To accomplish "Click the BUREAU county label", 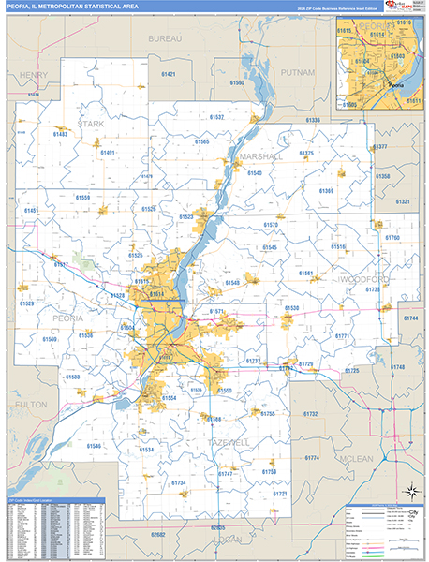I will click(165, 39).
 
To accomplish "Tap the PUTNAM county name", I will click(298, 71).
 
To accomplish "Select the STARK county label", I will click(92, 123).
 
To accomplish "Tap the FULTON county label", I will click(31, 404).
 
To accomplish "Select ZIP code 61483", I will click(59, 135).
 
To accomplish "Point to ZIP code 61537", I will click(215, 117).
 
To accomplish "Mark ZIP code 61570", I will click(271, 225).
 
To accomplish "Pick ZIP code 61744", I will click(409, 319).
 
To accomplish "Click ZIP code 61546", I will click(94, 446).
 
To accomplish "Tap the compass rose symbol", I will click(409, 491).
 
